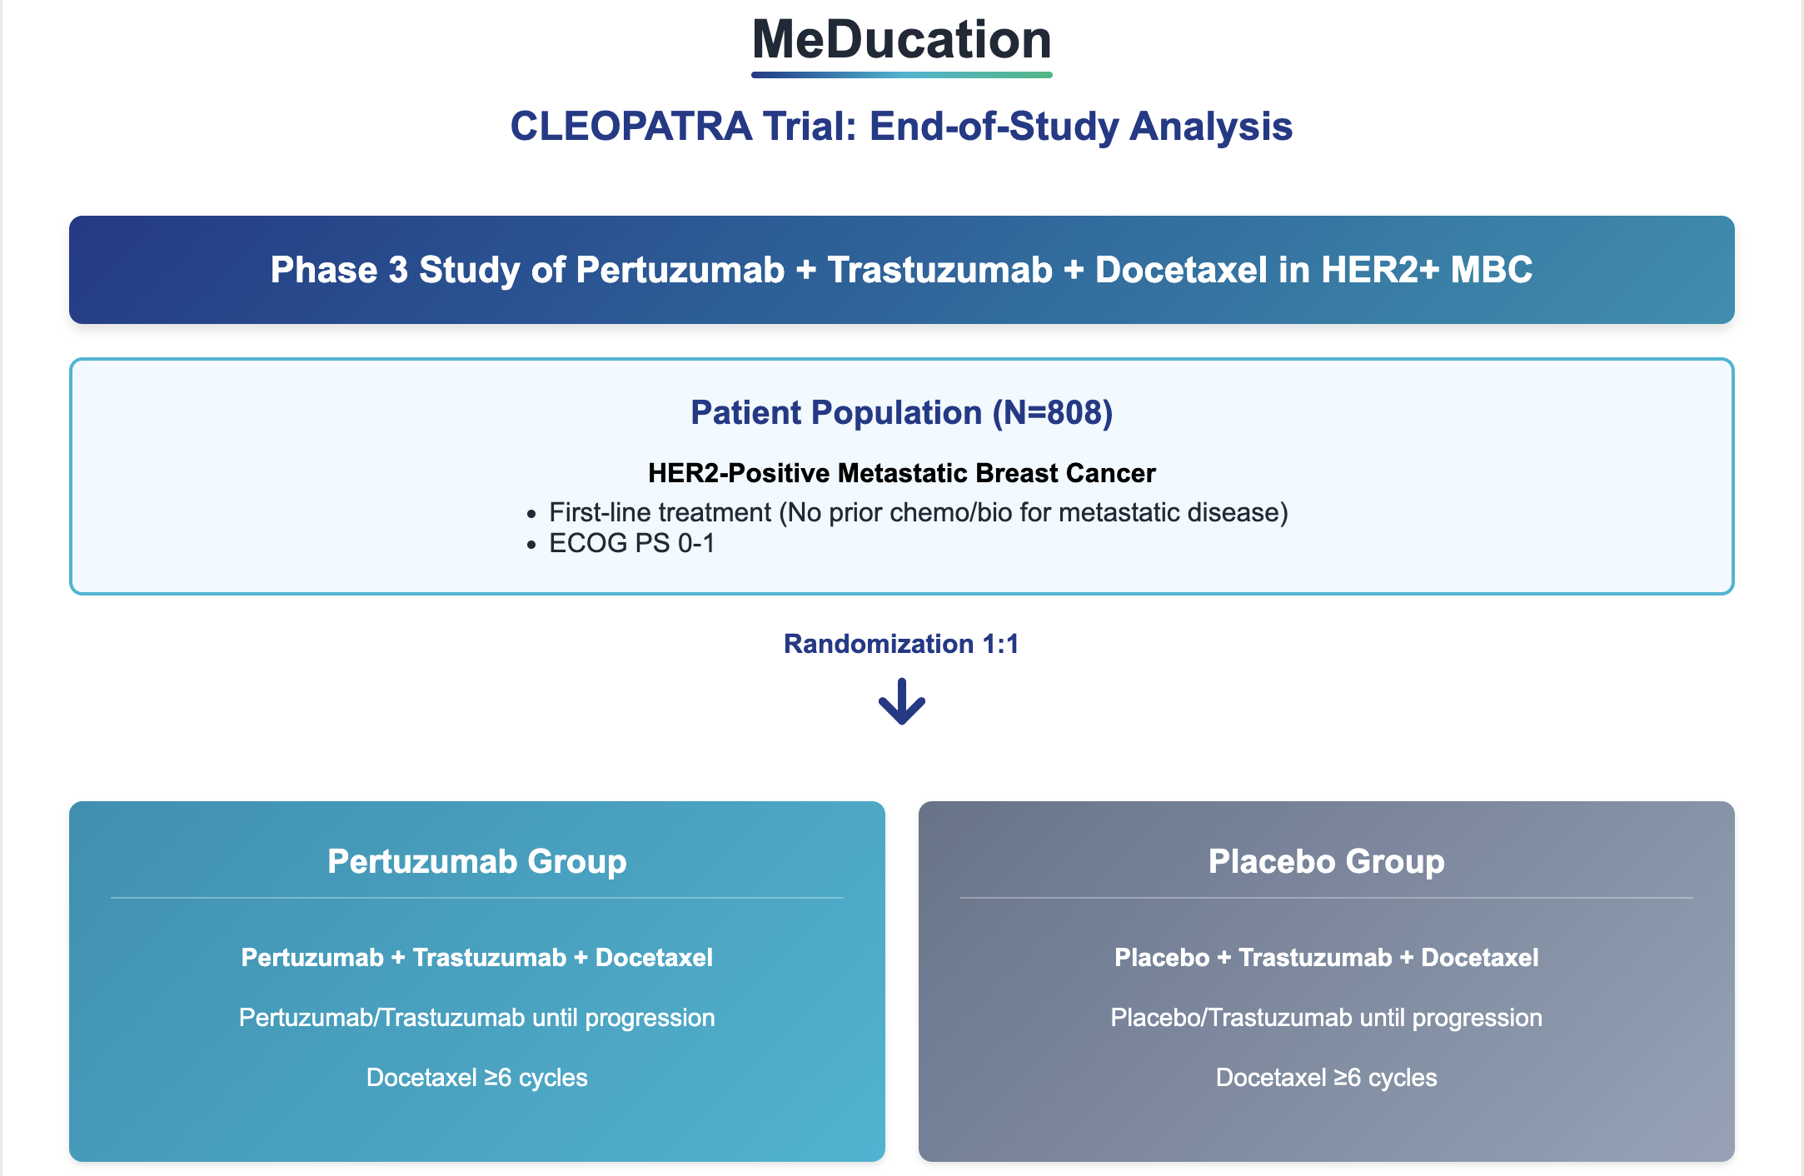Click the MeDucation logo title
tap(901, 40)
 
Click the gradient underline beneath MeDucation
tap(901, 75)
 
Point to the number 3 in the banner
tap(398, 270)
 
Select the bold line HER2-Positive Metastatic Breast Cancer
tap(901, 473)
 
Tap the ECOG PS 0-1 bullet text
tap(631, 544)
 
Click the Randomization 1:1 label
tap(901, 644)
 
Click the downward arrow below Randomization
tap(901, 702)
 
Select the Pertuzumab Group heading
tap(476, 861)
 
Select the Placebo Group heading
tap(1326, 861)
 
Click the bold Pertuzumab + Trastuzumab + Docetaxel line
tap(476, 958)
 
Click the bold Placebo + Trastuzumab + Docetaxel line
tap(1326, 958)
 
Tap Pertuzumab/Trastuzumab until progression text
tap(476, 1018)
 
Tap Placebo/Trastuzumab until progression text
tap(1326, 1018)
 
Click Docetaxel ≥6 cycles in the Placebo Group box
tap(1326, 1078)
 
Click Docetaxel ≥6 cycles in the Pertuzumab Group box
tap(476, 1078)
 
